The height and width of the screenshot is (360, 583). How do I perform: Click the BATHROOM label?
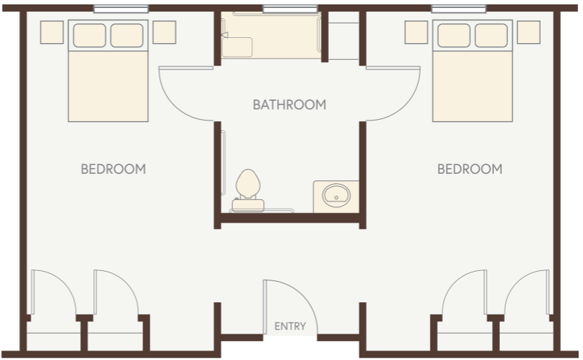(289, 104)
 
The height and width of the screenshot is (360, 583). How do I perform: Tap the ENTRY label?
(290, 326)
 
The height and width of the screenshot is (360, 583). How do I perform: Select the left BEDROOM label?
(113, 169)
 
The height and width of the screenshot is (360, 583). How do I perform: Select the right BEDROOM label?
(470, 169)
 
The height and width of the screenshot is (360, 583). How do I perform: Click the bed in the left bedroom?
(108, 80)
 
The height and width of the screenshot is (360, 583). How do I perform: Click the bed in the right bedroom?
(472, 80)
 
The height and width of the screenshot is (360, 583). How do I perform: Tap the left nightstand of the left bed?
(52, 31)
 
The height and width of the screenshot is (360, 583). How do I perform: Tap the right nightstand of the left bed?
(164, 31)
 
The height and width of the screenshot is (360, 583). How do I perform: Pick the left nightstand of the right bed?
(416, 31)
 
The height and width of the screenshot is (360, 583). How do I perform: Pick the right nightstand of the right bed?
(528, 31)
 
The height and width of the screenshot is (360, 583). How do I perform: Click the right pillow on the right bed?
(491, 34)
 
